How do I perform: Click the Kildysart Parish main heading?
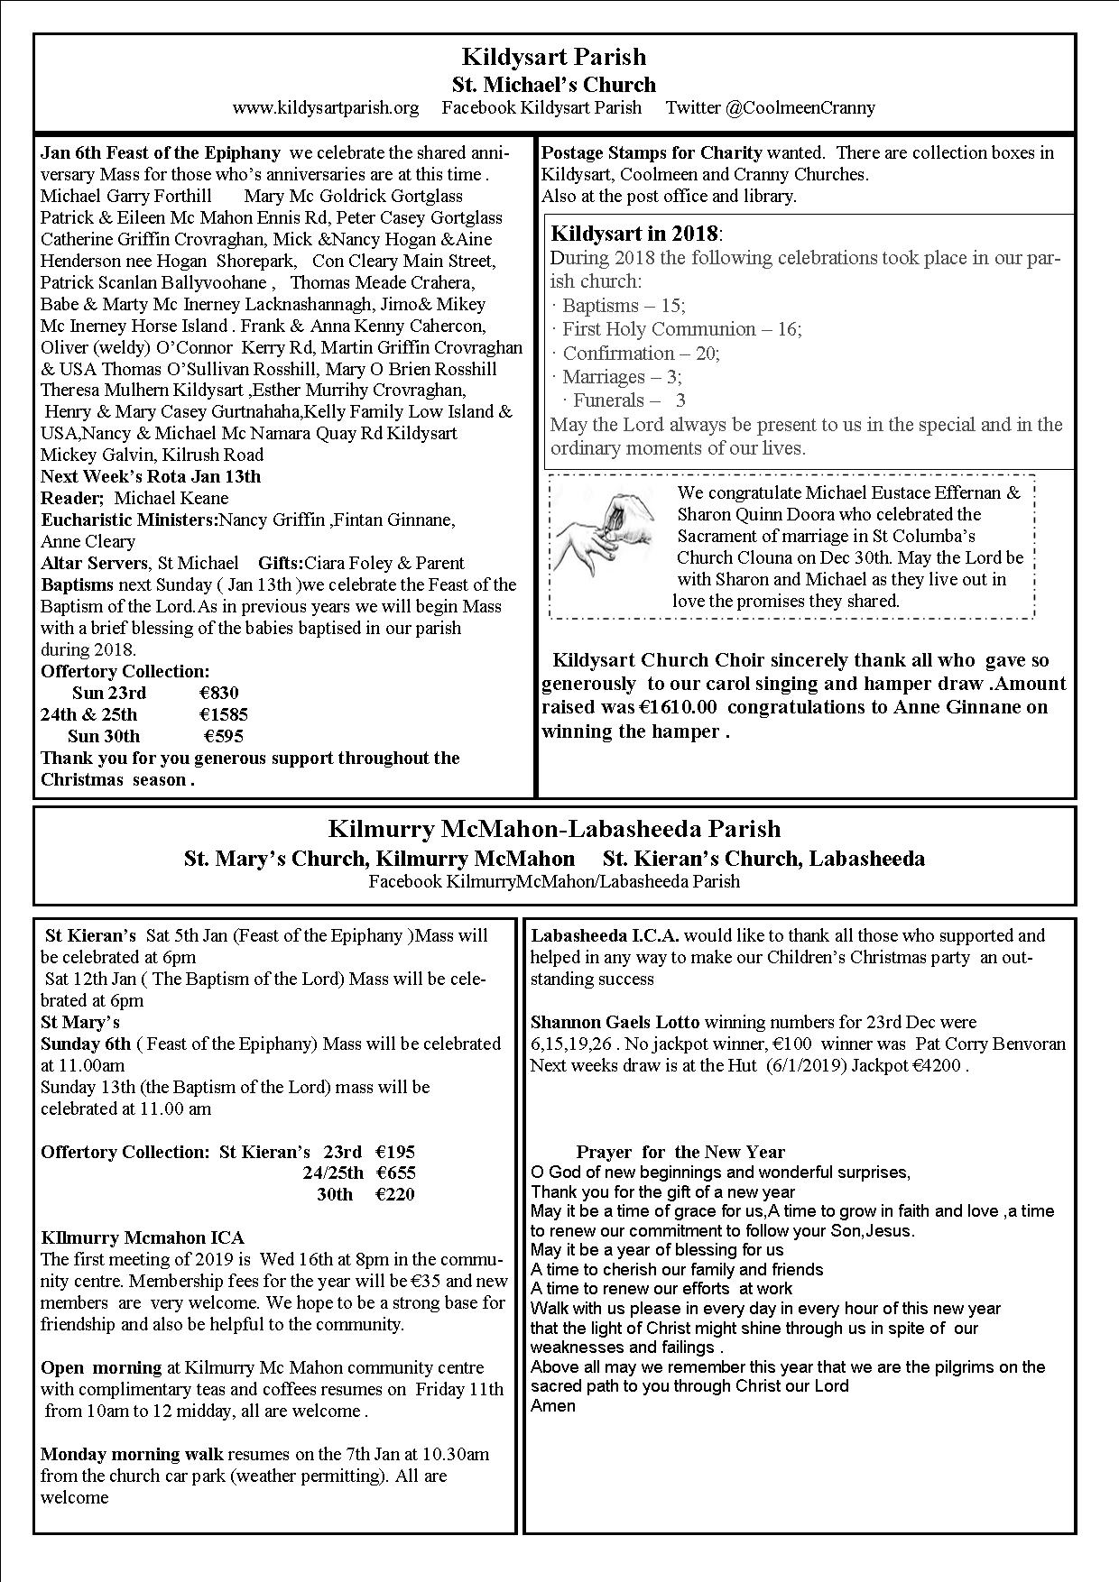pos(553,58)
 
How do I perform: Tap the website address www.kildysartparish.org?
pos(325,108)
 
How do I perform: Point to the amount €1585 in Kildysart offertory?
pos(223,715)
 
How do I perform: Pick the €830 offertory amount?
pos(219,694)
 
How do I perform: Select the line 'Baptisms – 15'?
pos(623,306)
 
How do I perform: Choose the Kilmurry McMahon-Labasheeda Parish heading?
pos(554,830)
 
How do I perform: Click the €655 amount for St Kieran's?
pos(395,1173)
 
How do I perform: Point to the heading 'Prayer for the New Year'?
pos(680,1152)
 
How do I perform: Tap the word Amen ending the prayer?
pos(553,1406)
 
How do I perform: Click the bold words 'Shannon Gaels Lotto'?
pos(615,1022)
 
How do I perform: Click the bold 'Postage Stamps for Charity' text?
pos(652,152)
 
